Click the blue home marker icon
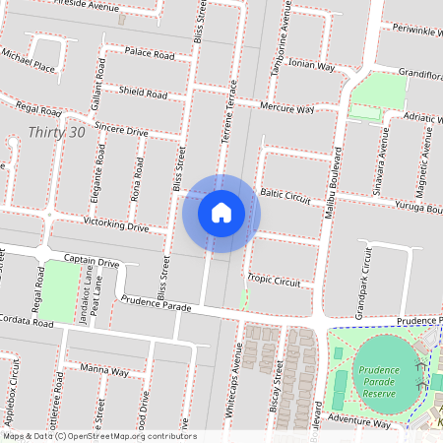(221, 213)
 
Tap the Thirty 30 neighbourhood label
(57, 131)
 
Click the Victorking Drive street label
(115, 226)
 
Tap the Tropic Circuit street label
(275, 281)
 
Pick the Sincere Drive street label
(121, 130)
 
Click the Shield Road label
(143, 94)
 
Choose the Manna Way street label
(104, 371)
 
